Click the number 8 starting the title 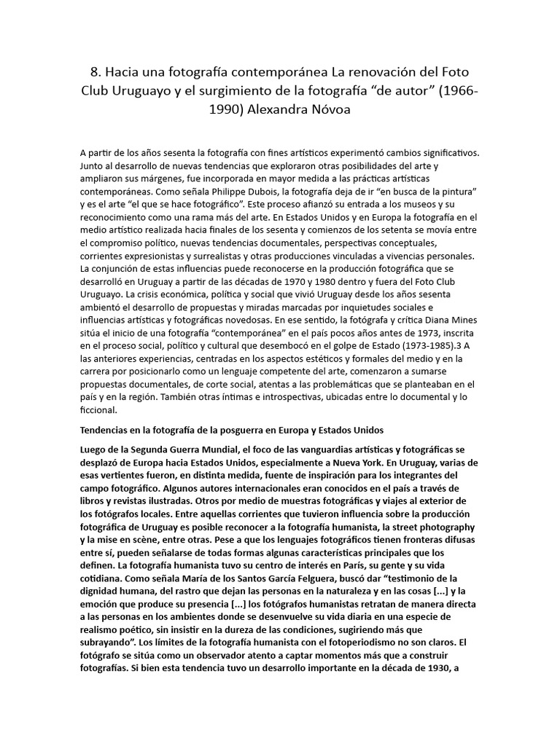94,73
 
